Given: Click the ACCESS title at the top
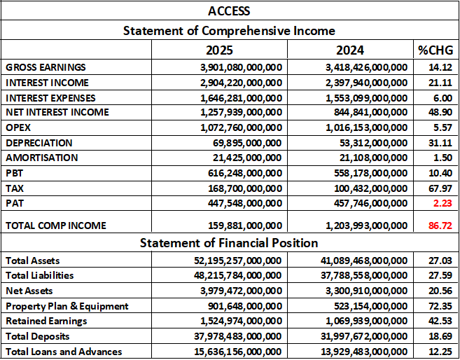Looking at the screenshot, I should coord(229,11).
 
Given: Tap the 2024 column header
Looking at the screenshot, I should coord(349,50).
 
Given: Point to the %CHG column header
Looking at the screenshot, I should coord(435,50).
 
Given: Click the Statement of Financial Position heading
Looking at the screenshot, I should coord(229,243).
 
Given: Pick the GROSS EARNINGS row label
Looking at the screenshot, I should coord(46,67).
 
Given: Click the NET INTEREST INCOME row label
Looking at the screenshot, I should coord(57,112).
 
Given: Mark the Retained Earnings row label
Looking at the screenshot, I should coord(46,321).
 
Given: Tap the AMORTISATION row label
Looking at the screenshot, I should coord(42,158).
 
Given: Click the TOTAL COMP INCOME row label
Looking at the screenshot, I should coord(56,226).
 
